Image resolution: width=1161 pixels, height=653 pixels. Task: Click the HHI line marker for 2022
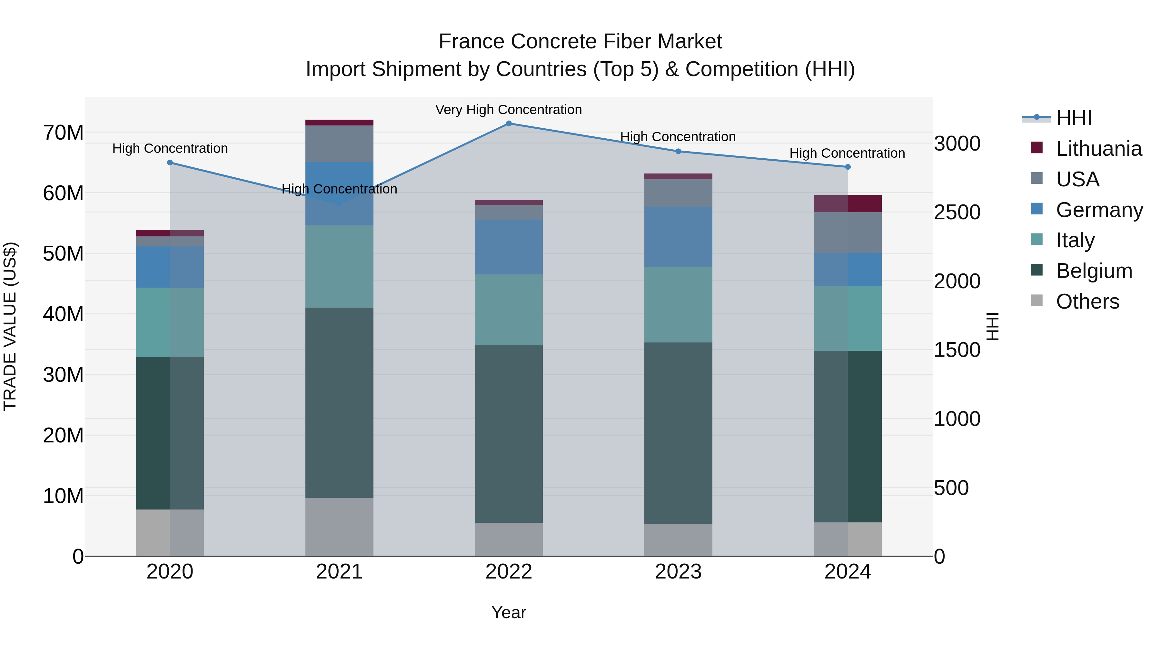509,124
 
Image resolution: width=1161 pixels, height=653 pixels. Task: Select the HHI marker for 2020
170,163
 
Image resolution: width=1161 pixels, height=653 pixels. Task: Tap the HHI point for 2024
848,167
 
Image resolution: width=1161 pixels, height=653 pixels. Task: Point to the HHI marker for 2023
678,152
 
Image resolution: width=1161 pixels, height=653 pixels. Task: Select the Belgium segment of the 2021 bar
339,402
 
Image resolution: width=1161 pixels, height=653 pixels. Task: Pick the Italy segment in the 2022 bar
509,310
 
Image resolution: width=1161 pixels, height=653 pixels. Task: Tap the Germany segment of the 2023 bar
678,237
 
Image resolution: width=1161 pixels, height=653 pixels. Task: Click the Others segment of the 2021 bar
339,527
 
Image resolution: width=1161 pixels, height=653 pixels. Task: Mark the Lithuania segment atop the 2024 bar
848,204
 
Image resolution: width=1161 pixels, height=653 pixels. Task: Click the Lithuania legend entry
1098,149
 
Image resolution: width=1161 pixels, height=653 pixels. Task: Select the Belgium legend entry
1094,271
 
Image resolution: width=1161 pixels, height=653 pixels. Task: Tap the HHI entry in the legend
1074,118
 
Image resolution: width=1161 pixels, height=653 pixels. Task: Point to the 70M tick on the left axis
63,133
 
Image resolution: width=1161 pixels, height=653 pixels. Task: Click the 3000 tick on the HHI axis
957,144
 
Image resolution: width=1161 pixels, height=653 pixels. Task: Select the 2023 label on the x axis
678,572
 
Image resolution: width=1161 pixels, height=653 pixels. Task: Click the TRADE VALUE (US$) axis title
10,326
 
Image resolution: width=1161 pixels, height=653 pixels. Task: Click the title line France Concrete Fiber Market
580,42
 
